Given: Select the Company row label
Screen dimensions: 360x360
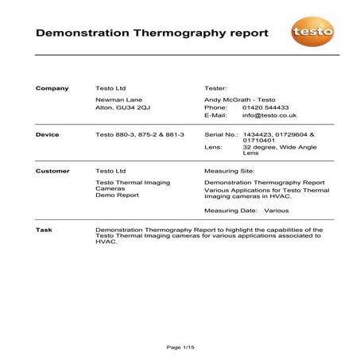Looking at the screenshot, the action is click(x=52, y=87).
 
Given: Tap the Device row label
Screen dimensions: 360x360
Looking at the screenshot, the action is click(x=48, y=135).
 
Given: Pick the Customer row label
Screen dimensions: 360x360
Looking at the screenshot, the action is click(x=52, y=171).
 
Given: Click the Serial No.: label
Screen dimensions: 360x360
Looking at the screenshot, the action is click(x=222, y=135).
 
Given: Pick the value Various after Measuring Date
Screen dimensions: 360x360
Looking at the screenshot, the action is click(x=277, y=211).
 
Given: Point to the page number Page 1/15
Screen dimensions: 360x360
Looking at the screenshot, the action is click(x=180, y=346).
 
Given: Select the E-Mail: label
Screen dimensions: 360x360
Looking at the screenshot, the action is click(x=216, y=116).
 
